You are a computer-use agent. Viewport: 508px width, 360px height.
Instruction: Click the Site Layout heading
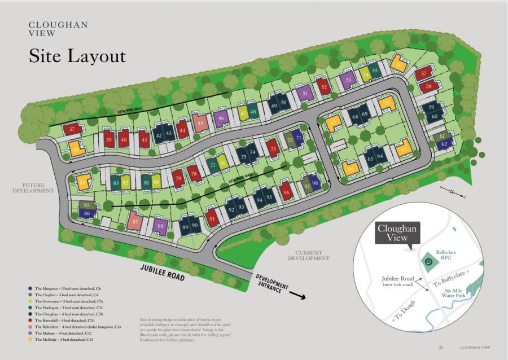[77, 56]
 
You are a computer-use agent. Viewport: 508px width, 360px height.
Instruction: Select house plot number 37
[72, 129]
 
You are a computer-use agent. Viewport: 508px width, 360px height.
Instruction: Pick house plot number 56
[399, 65]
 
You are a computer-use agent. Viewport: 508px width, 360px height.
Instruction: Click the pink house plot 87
[135, 221]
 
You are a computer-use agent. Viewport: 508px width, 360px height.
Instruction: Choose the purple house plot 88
[161, 226]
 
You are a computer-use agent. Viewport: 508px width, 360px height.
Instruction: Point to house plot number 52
[323, 86]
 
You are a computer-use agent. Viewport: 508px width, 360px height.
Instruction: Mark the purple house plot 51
[305, 93]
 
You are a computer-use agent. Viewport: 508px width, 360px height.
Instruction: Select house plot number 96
[286, 192]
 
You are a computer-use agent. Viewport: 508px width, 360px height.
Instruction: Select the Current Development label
[308, 255]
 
